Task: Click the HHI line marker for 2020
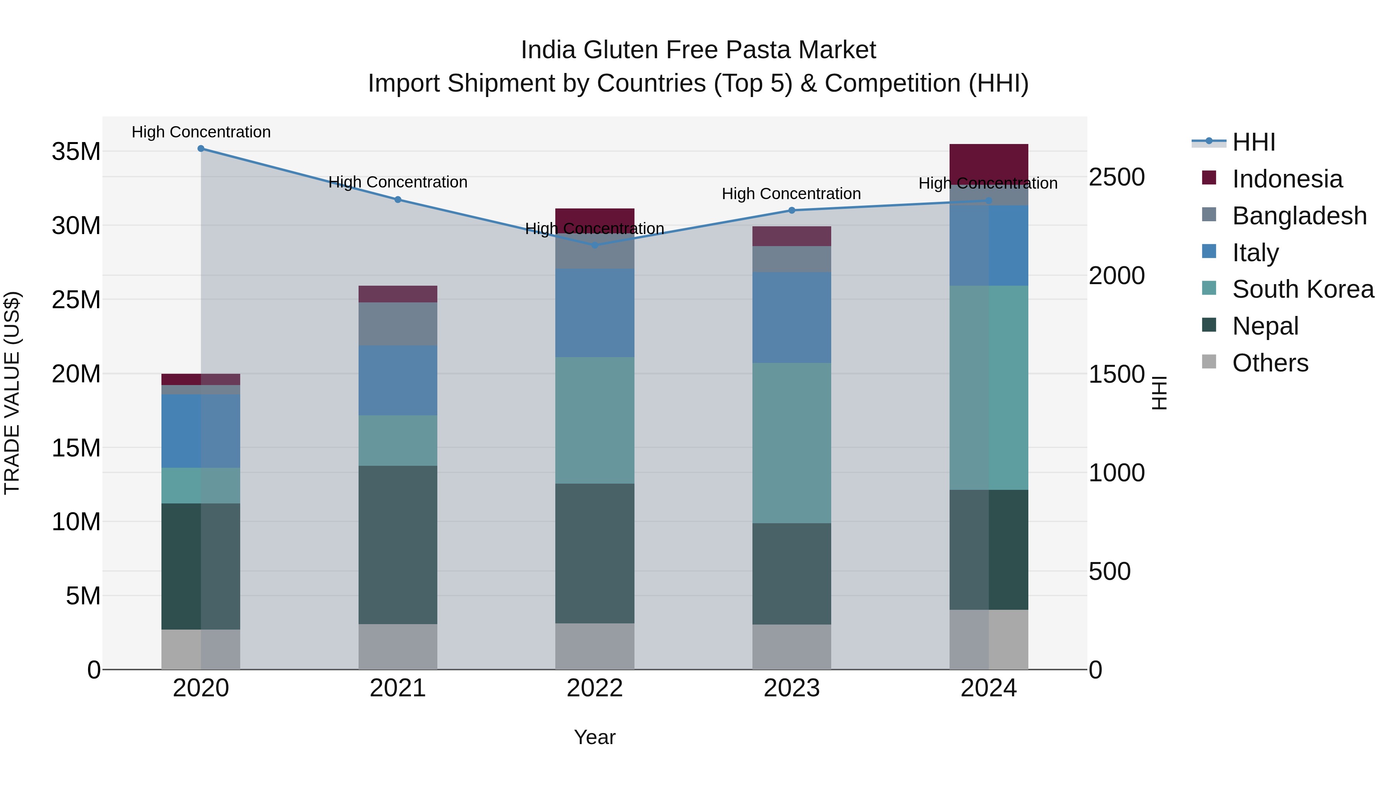201,149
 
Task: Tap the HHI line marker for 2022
595,245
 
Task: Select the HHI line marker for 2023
791,210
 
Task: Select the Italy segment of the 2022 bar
595,313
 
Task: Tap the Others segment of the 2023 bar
791,647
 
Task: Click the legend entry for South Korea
1303,289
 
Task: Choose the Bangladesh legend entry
1299,216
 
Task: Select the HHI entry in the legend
1253,142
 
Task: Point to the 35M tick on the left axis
76,151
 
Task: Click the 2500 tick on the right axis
1117,177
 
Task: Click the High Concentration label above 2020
201,132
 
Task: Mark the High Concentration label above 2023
791,194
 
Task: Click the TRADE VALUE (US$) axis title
12,393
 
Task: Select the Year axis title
595,737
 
